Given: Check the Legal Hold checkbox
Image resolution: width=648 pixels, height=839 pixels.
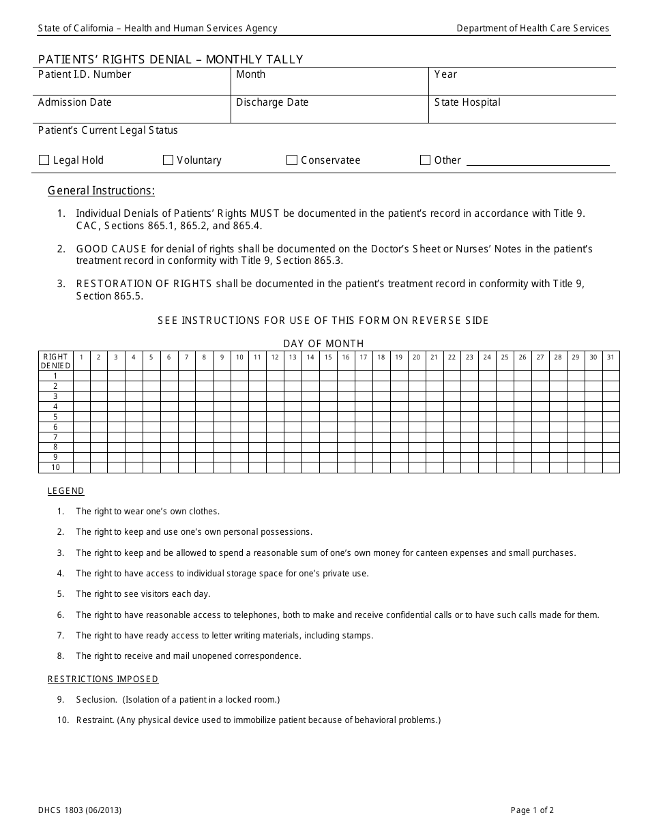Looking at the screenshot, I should click(44, 160).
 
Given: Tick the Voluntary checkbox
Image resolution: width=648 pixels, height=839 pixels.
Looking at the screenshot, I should click(168, 160).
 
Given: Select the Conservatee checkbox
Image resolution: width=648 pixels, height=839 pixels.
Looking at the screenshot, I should click(292, 160).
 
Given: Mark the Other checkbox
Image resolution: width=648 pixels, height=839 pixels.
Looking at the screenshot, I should click(426, 160).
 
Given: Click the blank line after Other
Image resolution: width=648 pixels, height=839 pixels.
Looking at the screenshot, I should click(537, 161).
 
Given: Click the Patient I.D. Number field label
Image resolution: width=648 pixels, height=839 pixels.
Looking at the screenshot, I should click(85, 74).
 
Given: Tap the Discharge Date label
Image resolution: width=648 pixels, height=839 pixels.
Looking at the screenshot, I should click(272, 102).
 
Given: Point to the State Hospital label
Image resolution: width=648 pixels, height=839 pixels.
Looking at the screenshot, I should click(467, 102).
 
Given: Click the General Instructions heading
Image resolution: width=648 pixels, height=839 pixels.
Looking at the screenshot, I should click(101, 190).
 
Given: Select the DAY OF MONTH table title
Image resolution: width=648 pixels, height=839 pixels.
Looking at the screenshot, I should click(324, 343).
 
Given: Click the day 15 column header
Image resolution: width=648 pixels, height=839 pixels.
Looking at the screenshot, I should click(328, 357).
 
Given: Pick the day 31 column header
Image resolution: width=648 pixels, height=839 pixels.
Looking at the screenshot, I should click(610, 357).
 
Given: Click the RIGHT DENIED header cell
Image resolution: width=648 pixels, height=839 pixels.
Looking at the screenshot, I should click(55, 361).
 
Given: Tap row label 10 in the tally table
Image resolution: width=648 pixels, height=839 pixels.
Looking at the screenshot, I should click(55, 467).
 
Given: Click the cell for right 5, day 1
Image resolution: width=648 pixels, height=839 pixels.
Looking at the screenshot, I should click(81, 417).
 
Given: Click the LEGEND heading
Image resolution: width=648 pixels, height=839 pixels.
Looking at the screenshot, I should click(66, 491).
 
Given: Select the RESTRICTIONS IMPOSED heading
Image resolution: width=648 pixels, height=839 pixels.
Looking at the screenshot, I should click(103, 679).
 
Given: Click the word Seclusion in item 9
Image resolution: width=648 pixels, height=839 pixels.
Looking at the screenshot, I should click(96, 699).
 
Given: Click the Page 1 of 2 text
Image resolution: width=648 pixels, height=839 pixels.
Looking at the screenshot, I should click(532, 810).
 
